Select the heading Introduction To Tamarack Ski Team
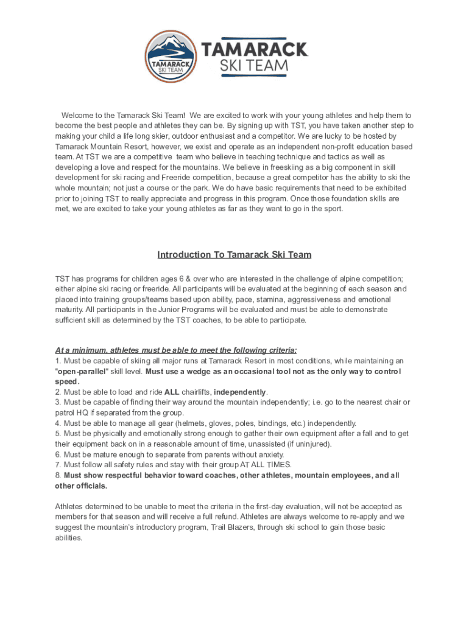click(234, 254)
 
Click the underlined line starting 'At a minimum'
click(175, 350)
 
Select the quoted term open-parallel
click(81, 371)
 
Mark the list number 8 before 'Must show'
click(57, 475)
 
